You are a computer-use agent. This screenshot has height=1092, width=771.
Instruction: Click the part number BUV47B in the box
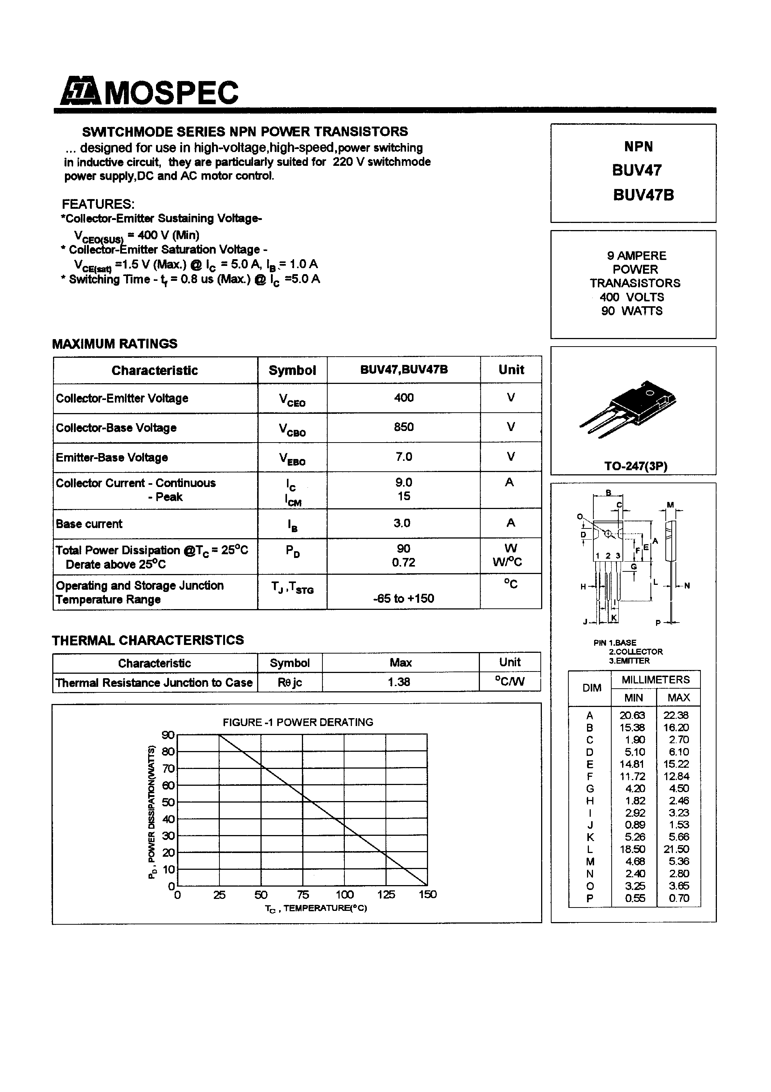[x=643, y=195]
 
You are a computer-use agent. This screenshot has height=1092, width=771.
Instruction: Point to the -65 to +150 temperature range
[x=403, y=598]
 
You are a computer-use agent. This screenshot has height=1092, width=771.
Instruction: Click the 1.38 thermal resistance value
[x=399, y=682]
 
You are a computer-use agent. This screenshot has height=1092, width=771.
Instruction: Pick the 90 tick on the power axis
[x=168, y=735]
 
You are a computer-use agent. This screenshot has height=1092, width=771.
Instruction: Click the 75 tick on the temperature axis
[x=303, y=894]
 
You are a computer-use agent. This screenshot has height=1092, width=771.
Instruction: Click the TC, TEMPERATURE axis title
[x=316, y=908]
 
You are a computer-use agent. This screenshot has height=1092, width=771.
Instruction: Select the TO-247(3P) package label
[x=636, y=466]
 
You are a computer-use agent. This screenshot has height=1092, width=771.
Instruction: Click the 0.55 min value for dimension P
[x=634, y=898]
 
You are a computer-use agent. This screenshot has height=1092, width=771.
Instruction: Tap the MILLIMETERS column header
[x=655, y=680]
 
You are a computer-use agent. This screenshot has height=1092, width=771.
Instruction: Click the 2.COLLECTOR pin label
[x=636, y=652]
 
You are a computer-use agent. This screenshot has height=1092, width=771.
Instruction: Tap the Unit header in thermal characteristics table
[x=509, y=662]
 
